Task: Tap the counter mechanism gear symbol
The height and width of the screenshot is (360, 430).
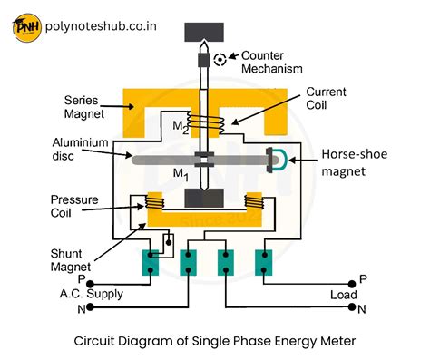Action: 220,59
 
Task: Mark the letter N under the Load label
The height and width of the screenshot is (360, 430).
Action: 362,310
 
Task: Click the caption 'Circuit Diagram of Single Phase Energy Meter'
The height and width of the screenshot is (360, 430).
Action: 215,342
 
